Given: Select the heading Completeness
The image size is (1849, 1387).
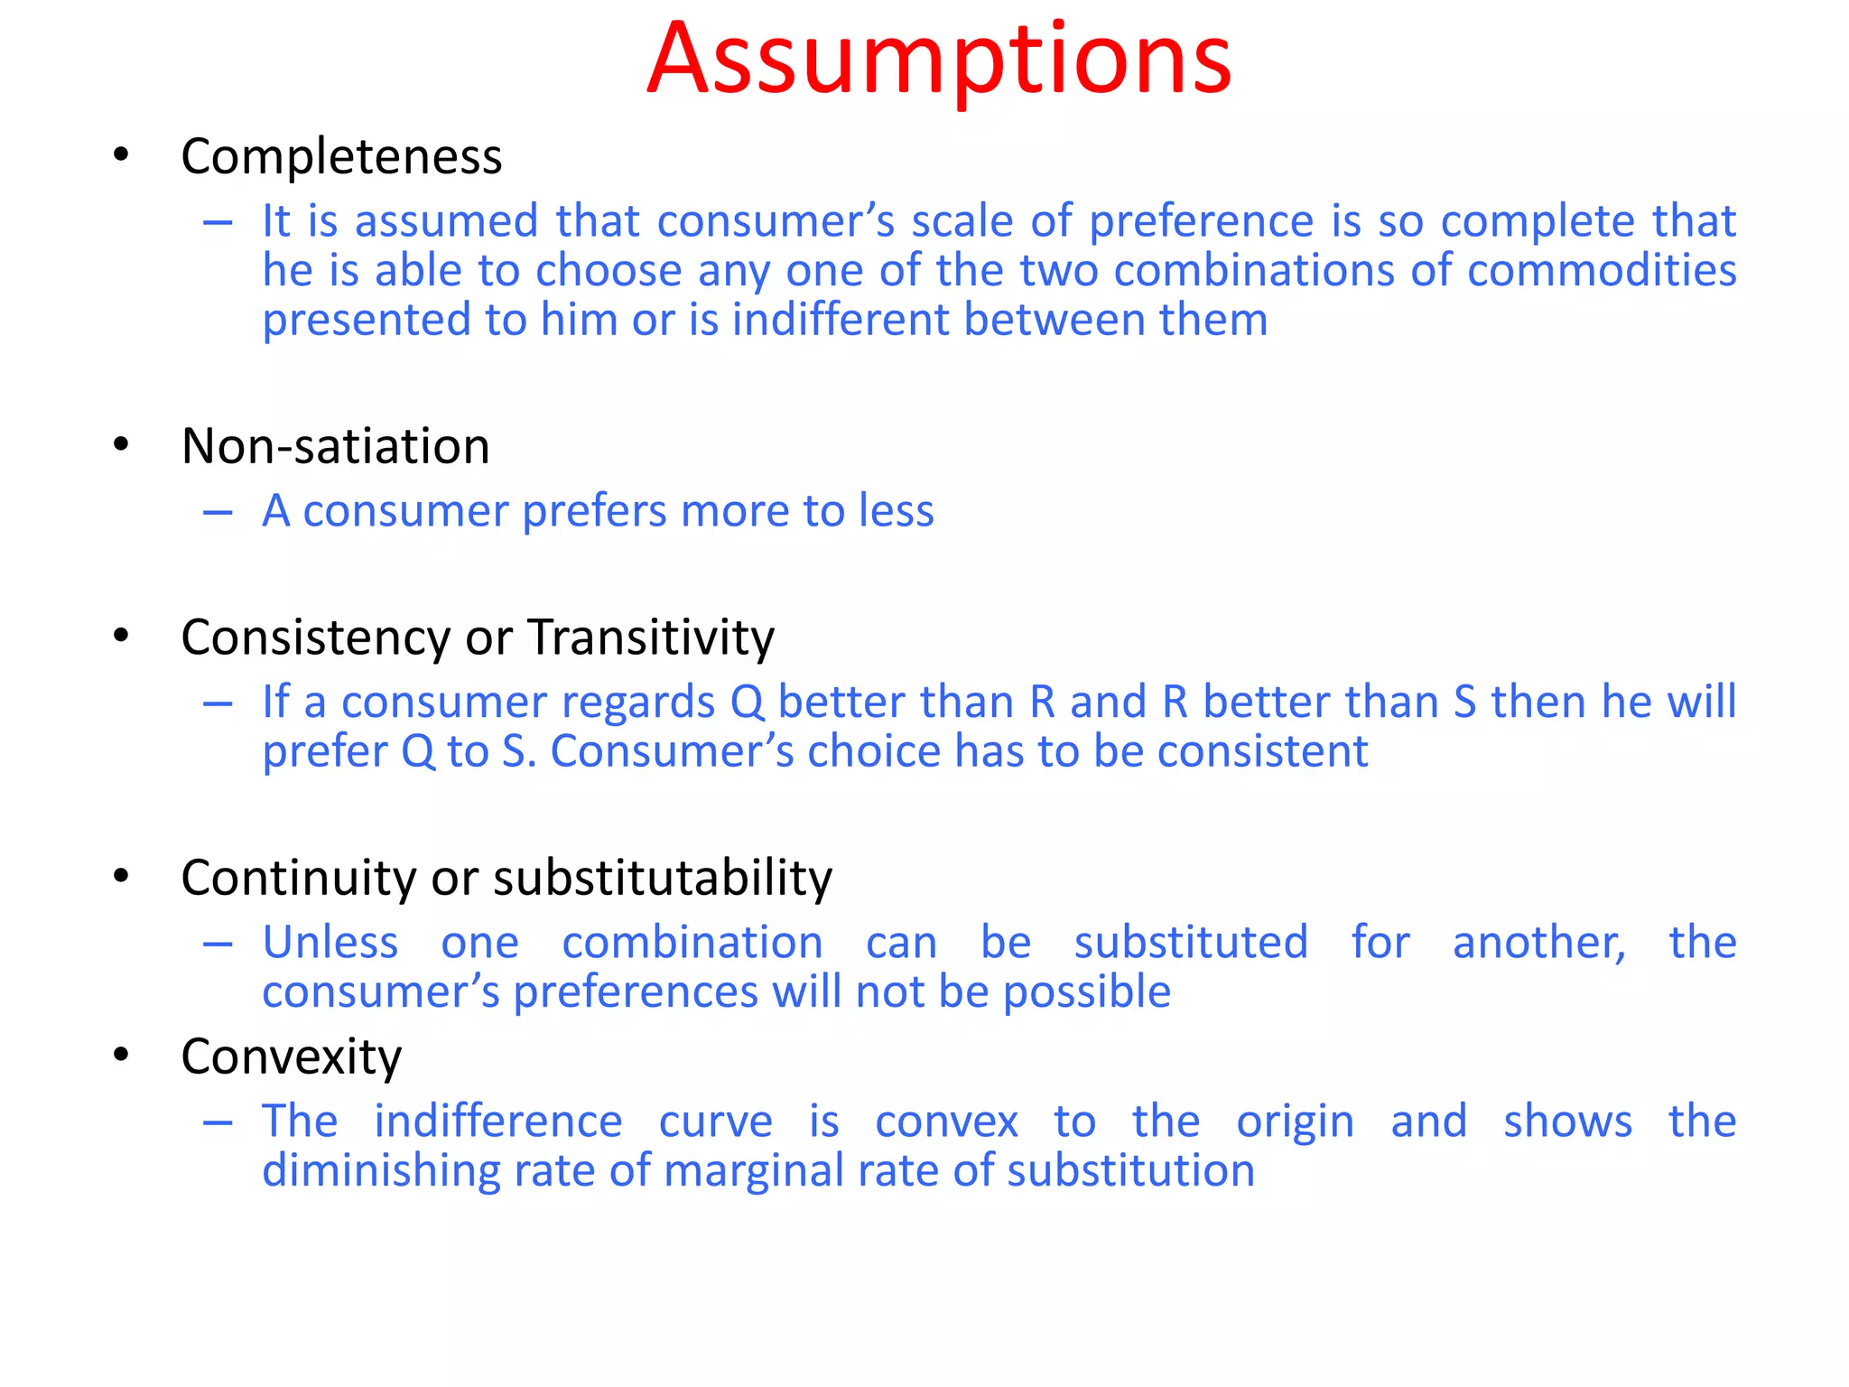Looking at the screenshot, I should click(341, 157).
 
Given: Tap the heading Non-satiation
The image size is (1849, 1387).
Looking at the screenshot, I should click(335, 446).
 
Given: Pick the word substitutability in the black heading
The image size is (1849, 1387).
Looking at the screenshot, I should click(663, 878).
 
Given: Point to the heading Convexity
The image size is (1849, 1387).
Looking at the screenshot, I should click(291, 1057).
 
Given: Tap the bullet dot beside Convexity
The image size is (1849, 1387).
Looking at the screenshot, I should click(121, 1055).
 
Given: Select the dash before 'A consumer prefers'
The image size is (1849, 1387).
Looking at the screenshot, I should click(218, 513).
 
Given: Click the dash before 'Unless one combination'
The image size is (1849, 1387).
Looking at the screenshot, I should click(218, 945).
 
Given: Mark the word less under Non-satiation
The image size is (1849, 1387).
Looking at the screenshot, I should click(896, 511).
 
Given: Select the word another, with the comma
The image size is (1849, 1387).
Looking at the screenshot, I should click(1538, 943).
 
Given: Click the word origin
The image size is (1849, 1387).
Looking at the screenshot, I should click(1295, 1122).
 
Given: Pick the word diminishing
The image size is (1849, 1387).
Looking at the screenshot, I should click(380, 1172).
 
